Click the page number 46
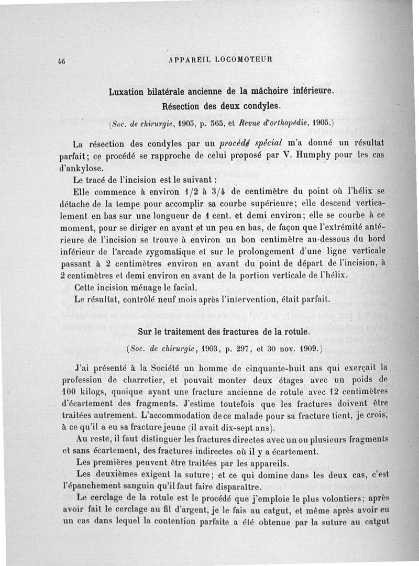(x=61, y=61)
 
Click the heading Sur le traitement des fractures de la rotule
(x=224, y=331)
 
